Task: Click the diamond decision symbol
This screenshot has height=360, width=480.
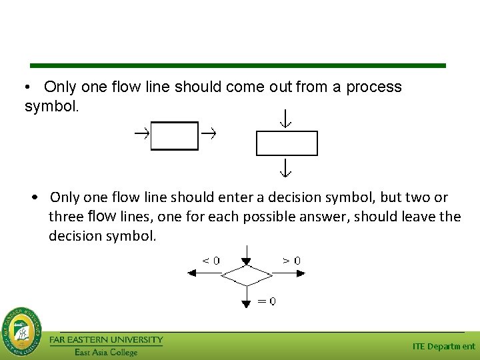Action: pyautogui.click(x=247, y=274)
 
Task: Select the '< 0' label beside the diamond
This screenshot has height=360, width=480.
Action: pyautogui.click(x=211, y=261)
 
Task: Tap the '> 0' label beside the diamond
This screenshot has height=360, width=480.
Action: pyautogui.click(x=291, y=261)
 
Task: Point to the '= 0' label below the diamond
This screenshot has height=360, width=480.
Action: pyautogui.click(x=267, y=301)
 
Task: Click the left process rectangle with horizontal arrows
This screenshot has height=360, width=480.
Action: pyautogui.click(x=175, y=135)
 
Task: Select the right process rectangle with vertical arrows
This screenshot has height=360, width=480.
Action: pyautogui.click(x=287, y=143)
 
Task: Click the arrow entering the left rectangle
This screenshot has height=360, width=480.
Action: pyautogui.click(x=141, y=134)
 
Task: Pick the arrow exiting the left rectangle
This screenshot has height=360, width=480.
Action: pyautogui.click(x=209, y=134)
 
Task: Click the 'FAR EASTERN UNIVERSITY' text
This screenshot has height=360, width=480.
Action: pyautogui.click(x=106, y=340)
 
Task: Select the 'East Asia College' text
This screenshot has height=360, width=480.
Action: pyautogui.click(x=106, y=352)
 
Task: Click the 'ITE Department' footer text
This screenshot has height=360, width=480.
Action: pyautogui.click(x=443, y=346)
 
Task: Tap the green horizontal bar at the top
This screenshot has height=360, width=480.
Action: pyautogui.click(x=238, y=65)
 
